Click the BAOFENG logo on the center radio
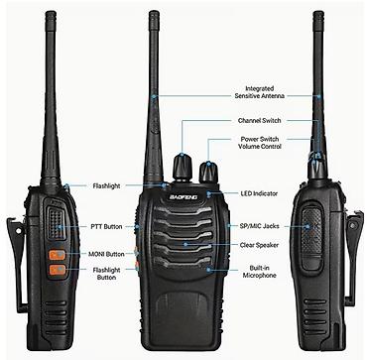(183, 197)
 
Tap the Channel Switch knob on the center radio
(183, 168)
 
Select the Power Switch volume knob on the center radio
(208, 173)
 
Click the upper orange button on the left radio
(58, 255)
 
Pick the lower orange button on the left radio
(58, 270)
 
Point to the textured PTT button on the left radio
(56, 222)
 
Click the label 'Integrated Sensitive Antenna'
(259, 92)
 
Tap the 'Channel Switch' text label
(259, 121)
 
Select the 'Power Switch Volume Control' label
(260, 143)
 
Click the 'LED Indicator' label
(259, 193)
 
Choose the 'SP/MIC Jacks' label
(259, 226)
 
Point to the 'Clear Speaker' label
(259, 245)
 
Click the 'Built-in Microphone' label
(259, 272)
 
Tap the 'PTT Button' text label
(106, 227)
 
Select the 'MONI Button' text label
(106, 254)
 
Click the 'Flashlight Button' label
(106, 274)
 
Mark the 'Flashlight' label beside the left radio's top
(106, 186)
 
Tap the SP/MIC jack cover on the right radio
(311, 238)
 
